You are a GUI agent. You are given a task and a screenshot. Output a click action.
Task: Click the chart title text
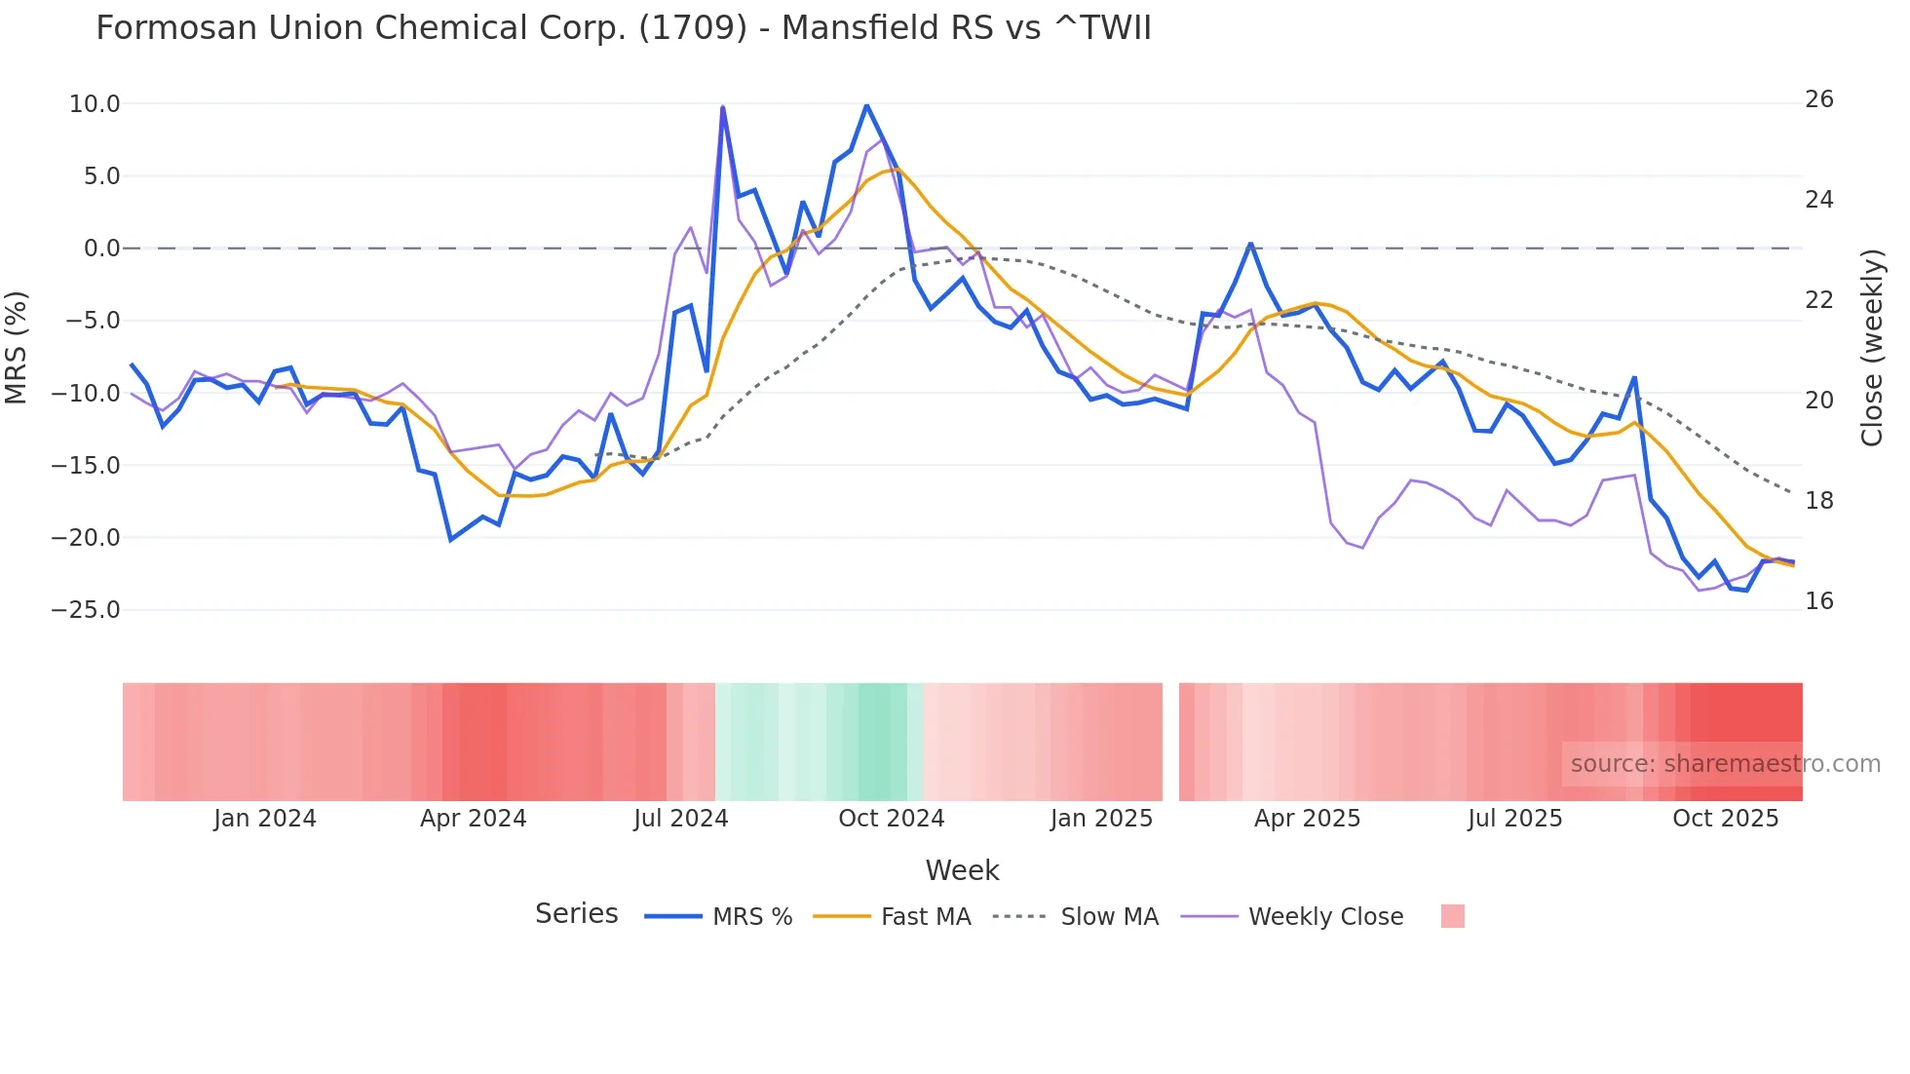point(624,27)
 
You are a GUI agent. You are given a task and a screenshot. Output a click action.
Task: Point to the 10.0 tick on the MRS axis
point(95,104)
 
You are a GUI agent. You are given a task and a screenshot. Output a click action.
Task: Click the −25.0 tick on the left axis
point(86,610)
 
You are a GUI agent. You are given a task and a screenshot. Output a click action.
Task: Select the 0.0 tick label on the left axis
point(101,249)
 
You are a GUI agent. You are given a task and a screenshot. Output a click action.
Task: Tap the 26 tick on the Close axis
point(1818,99)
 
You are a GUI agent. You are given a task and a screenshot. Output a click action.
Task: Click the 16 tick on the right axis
point(1818,601)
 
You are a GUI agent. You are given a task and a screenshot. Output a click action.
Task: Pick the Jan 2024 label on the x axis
point(265,819)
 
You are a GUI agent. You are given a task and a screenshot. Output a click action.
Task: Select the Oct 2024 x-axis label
point(891,819)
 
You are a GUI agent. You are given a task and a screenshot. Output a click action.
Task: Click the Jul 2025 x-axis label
point(1514,819)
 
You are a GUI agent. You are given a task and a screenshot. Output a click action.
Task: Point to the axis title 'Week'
point(962,870)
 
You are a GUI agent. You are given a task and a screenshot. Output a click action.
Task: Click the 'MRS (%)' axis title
point(17,348)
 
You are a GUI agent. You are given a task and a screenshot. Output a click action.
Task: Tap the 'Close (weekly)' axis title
point(1871,348)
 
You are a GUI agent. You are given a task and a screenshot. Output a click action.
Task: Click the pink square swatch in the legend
point(1452,916)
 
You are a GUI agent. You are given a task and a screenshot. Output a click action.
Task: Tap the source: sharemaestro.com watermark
point(1725,764)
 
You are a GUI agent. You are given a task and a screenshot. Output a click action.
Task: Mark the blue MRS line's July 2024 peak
point(723,108)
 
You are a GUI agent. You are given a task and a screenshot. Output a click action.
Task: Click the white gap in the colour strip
point(1170,742)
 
